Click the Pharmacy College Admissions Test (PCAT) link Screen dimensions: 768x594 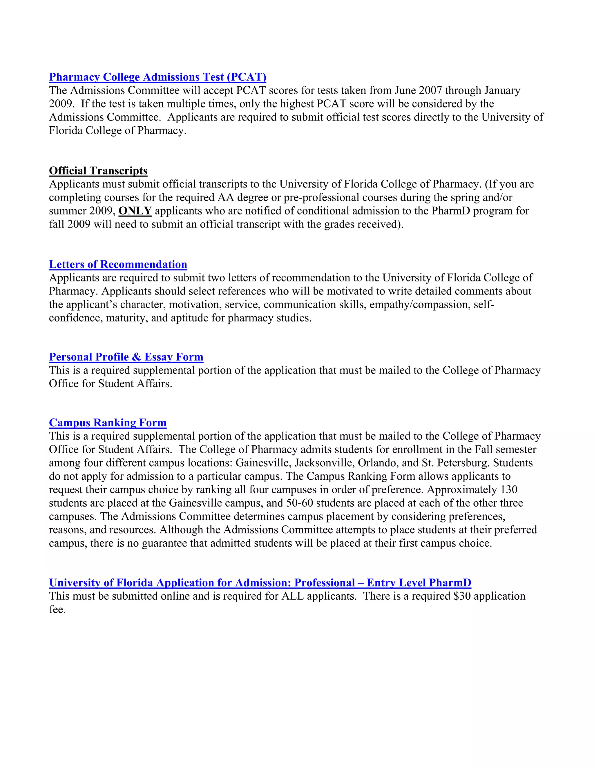point(157,77)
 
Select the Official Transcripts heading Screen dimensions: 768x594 point(98,171)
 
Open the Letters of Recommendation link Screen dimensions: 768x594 point(118,264)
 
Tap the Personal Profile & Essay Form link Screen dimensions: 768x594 point(126,357)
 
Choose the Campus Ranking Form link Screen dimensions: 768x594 point(108,423)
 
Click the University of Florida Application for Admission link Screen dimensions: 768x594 point(260,583)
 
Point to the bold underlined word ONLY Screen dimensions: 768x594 point(135,211)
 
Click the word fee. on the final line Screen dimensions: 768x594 point(57,610)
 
